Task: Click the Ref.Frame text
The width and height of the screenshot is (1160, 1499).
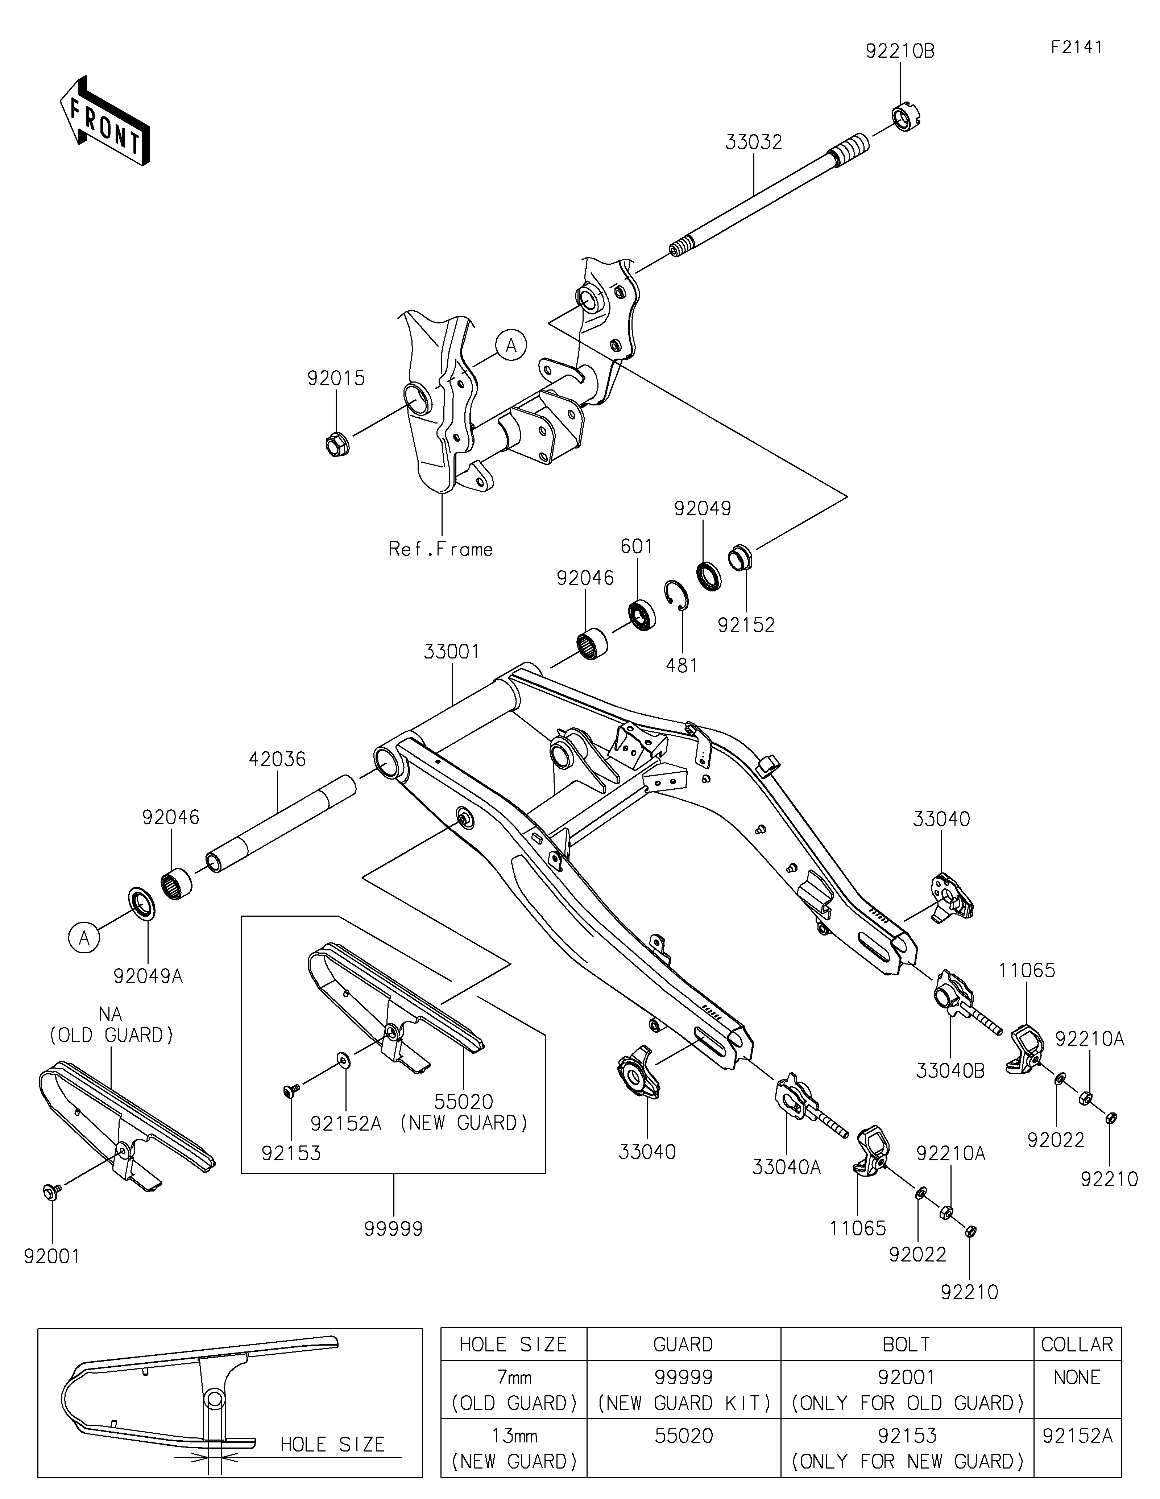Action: [x=440, y=549]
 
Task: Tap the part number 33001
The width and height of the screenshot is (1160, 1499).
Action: [x=451, y=651]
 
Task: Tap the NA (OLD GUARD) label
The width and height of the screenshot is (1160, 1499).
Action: [x=111, y=1024]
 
